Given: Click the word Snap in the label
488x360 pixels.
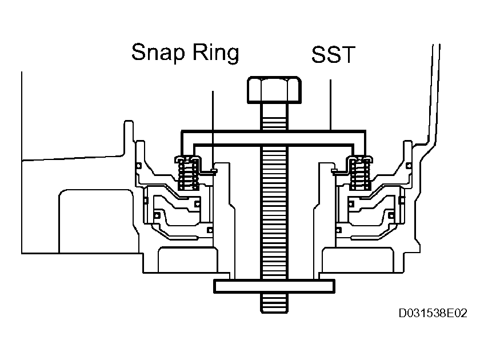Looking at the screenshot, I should click(x=157, y=53).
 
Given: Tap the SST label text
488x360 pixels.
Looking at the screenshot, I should click(x=334, y=55).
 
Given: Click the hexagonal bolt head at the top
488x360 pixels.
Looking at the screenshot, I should click(x=274, y=89).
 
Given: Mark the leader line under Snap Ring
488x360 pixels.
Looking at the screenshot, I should click(x=213, y=126).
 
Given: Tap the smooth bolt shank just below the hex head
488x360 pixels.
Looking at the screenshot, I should click(x=274, y=114).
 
